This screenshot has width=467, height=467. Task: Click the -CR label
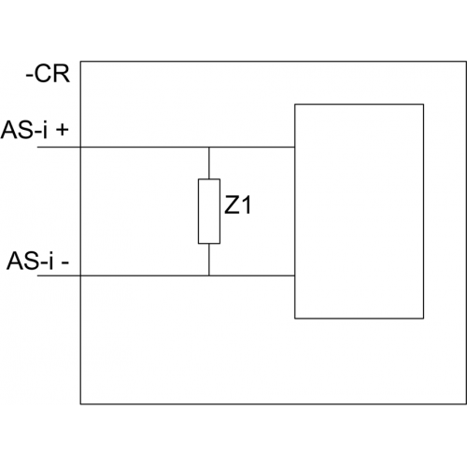pos(48,74)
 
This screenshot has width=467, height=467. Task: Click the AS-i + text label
pos(35,130)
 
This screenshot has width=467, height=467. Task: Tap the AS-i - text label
pos(37,261)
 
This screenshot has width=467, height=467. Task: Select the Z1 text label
pos(237,205)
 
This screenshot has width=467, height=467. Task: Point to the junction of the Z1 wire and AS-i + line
pos(209,147)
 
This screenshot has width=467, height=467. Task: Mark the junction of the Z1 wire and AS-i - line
pos(209,276)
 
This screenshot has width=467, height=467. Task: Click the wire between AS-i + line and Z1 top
pos(209,163)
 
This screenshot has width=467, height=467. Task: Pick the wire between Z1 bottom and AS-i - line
pos(209,260)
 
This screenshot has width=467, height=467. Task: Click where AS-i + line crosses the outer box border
pos(80,147)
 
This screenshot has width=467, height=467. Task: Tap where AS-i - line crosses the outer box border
pos(80,276)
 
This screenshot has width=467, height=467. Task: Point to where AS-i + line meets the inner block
pos(295,147)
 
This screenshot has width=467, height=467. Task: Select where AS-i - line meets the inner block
pos(295,276)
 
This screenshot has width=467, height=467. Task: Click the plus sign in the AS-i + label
pos(63,130)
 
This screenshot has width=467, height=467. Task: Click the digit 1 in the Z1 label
pos(246,205)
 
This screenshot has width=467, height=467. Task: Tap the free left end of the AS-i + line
pos(37,147)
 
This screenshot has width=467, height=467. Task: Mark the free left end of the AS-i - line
pos(37,276)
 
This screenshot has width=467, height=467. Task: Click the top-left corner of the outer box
pos(80,62)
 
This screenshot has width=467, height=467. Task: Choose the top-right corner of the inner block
pos(423,105)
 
